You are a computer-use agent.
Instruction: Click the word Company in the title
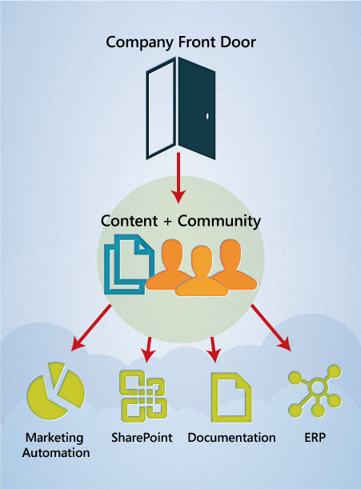(139, 42)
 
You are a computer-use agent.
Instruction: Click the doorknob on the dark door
(207, 116)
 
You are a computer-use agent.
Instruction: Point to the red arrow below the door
(178, 178)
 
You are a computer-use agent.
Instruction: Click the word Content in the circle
(129, 221)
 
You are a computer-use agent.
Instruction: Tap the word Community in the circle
(219, 222)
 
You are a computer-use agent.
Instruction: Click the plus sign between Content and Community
(167, 222)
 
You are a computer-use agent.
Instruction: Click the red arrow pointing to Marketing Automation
(90, 328)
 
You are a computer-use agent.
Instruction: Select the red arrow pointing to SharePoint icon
(148, 350)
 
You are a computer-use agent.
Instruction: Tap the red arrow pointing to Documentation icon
(214, 350)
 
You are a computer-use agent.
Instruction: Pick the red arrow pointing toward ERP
(271, 328)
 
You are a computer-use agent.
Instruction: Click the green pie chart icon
(55, 391)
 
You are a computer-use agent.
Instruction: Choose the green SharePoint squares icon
(143, 395)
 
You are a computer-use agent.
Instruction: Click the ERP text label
(315, 437)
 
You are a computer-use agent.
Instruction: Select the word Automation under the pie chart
(56, 452)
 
